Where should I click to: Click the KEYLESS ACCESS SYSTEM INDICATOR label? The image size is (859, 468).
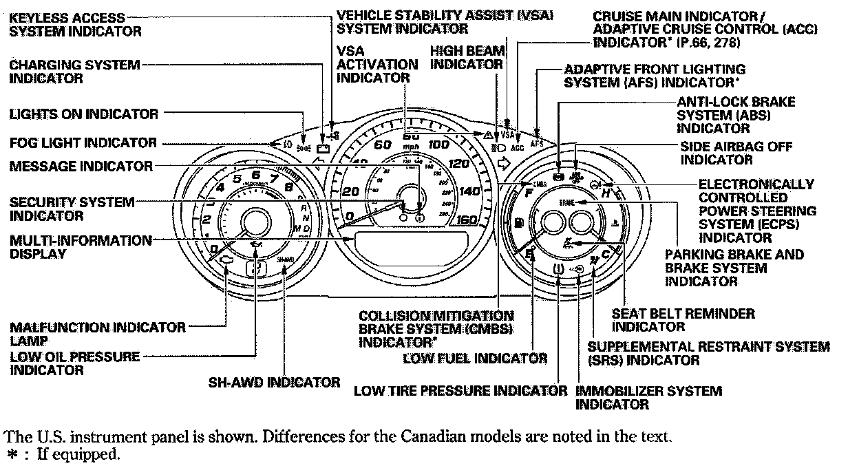pyautogui.click(x=67, y=24)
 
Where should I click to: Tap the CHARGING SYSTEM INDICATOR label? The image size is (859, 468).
pyautogui.click(x=74, y=71)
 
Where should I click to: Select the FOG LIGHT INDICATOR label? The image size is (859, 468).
pyautogui.click(x=83, y=143)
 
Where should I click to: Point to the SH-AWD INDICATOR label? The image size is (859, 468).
pyautogui.click(x=274, y=382)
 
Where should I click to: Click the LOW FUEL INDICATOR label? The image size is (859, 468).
pyautogui.click(x=475, y=358)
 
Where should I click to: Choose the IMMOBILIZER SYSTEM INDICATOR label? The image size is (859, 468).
pyautogui.click(x=648, y=398)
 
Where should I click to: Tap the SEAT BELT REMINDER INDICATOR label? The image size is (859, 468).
pyautogui.click(x=683, y=320)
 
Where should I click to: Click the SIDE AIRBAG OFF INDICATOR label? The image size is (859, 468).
pyautogui.click(x=736, y=153)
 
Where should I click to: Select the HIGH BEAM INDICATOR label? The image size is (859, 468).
pyautogui.click(x=467, y=57)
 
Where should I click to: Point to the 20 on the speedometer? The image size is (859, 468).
pyautogui.click(x=350, y=192)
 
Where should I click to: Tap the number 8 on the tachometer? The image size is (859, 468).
pyautogui.click(x=288, y=187)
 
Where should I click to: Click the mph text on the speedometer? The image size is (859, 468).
pyautogui.click(x=411, y=147)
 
